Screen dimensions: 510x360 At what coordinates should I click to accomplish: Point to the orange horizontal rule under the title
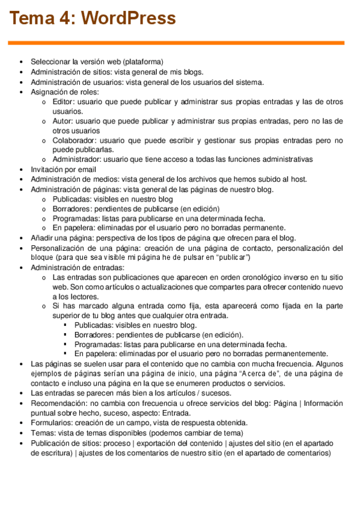tap(175, 43)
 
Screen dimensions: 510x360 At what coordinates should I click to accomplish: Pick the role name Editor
tap(64, 102)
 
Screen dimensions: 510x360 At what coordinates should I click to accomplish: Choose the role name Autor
tap(63, 121)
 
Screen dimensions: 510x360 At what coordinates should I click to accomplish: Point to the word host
tap(298, 179)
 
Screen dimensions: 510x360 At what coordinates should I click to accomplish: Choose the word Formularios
tap(51, 423)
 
